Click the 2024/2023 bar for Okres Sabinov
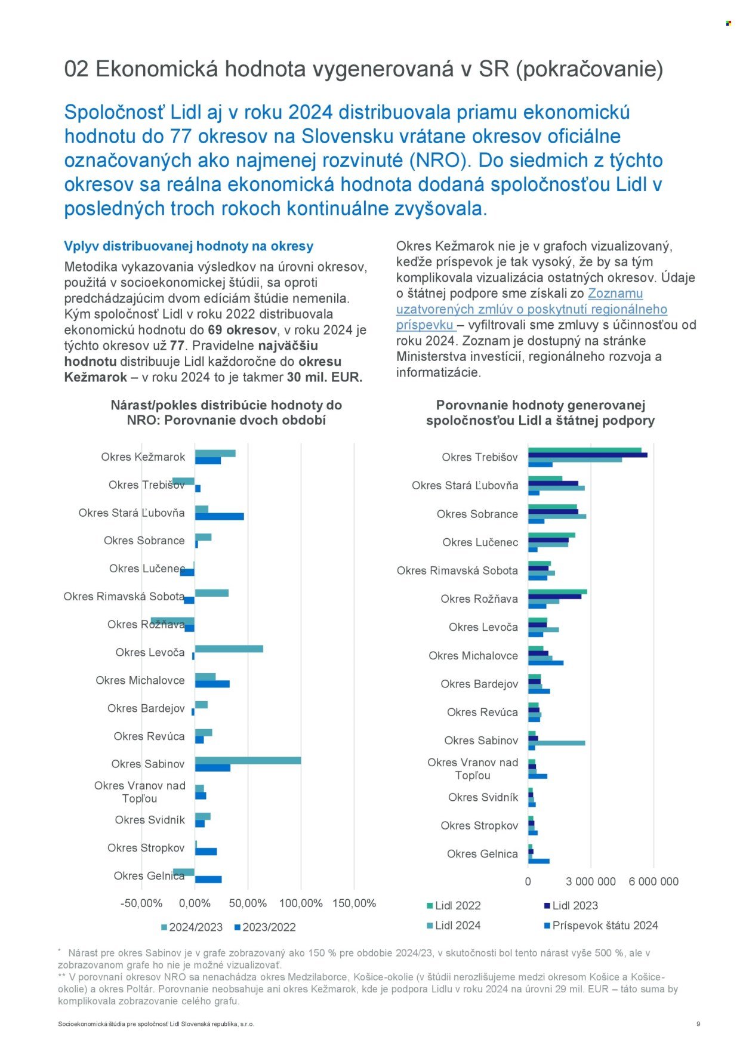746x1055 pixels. coord(248,760)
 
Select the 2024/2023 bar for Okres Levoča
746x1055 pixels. coord(229,649)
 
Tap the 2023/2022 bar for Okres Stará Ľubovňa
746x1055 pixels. coord(219,516)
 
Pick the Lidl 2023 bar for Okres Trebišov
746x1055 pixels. coord(587,455)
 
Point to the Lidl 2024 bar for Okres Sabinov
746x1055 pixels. coord(556,743)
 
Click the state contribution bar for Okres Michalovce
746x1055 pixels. coord(545,662)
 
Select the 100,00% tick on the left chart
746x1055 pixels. coord(301,903)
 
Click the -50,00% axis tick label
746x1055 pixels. coord(141,903)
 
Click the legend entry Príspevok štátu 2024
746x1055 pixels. coord(605,926)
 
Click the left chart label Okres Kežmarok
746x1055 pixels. coord(143,457)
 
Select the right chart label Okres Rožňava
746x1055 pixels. coord(479,599)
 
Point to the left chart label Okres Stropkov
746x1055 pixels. coord(146,848)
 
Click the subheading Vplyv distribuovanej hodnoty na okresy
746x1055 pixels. coord(189,246)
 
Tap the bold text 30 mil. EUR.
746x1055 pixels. coord(325,377)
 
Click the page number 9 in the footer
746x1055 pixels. coord(698,1024)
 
